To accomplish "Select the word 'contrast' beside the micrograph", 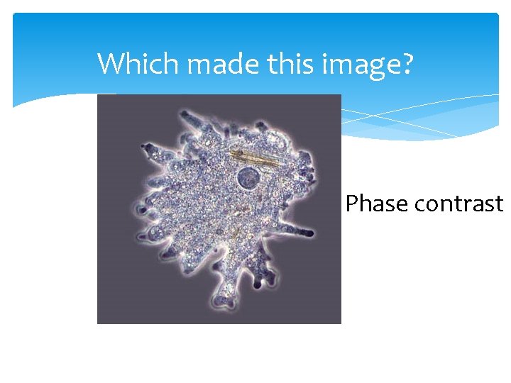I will pos(458,204).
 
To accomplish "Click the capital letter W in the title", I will pos(109,64).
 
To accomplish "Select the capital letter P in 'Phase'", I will pos(352,204).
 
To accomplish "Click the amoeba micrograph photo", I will pos(219,209).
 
